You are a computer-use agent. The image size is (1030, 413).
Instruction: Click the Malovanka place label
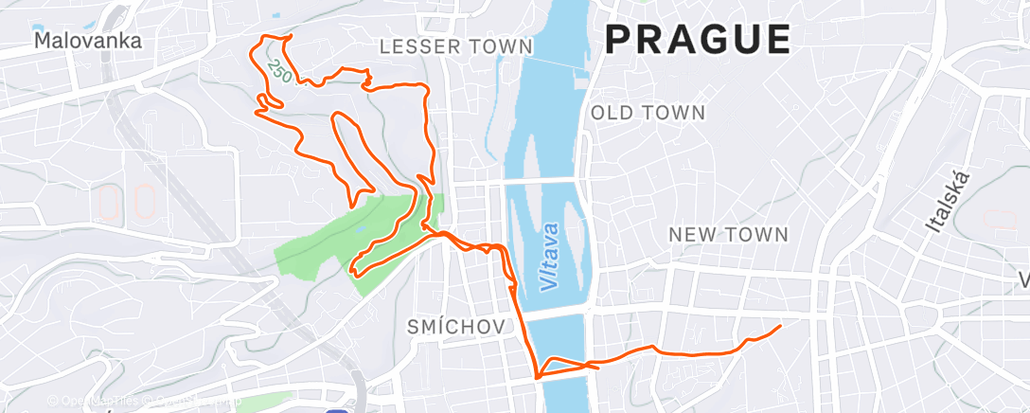[87, 41]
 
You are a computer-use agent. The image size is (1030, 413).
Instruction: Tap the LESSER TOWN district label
[455, 46]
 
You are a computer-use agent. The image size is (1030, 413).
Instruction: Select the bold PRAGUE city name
[698, 40]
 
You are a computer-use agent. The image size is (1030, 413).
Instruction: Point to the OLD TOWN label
[648, 113]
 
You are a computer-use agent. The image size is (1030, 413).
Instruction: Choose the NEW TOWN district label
[728, 234]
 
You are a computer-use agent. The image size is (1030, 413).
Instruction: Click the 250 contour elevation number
[276, 69]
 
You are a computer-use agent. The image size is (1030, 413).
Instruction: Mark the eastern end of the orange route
[780, 327]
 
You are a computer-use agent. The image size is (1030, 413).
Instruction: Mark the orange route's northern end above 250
[290, 36]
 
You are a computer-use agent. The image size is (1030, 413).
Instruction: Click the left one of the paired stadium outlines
[109, 202]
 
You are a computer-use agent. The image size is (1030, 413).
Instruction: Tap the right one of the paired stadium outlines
[145, 202]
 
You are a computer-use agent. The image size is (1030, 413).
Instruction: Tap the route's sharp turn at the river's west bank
[538, 377]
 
